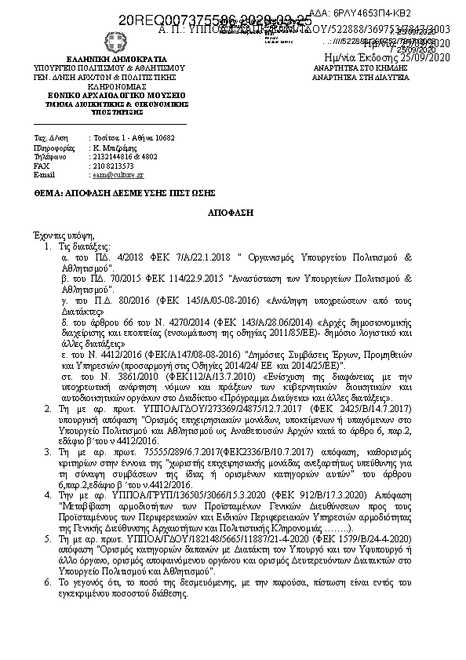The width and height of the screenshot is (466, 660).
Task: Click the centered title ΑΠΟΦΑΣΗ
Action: [x=232, y=213]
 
